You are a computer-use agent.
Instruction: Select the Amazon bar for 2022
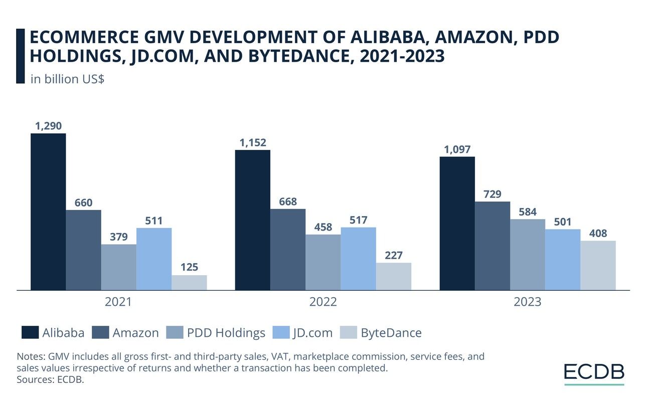point(288,249)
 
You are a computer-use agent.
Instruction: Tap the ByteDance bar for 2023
point(598,265)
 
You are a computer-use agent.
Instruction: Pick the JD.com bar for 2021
point(154,259)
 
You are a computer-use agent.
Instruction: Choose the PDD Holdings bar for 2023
point(528,254)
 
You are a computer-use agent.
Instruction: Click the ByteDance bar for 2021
point(189,282)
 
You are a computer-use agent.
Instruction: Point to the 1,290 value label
point(48,126)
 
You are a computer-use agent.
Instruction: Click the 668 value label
point(288,201)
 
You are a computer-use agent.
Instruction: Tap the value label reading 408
point(598,233)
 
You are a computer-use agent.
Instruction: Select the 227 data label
point(394,255)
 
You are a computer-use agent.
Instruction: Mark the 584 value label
point(528,212)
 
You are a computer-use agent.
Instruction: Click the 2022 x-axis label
point(323,302)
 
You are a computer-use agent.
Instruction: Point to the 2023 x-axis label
point(528,302)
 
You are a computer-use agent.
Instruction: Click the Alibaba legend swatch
point(30,332)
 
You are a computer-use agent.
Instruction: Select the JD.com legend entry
point(303,332)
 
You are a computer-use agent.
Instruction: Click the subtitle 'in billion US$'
point(67,79)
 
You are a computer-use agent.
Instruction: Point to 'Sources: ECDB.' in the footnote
point(50,379)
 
